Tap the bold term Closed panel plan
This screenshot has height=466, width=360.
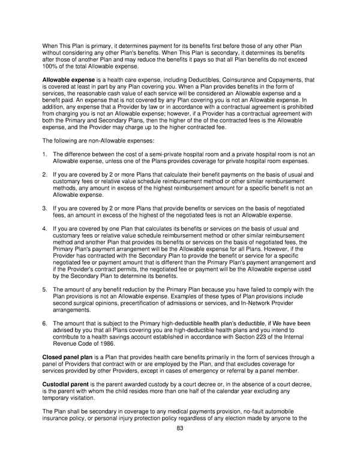[67, 358]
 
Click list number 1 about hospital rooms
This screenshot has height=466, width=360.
[44, 155]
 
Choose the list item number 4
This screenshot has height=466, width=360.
[44, 229]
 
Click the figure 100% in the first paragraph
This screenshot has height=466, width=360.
[51, 66]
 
